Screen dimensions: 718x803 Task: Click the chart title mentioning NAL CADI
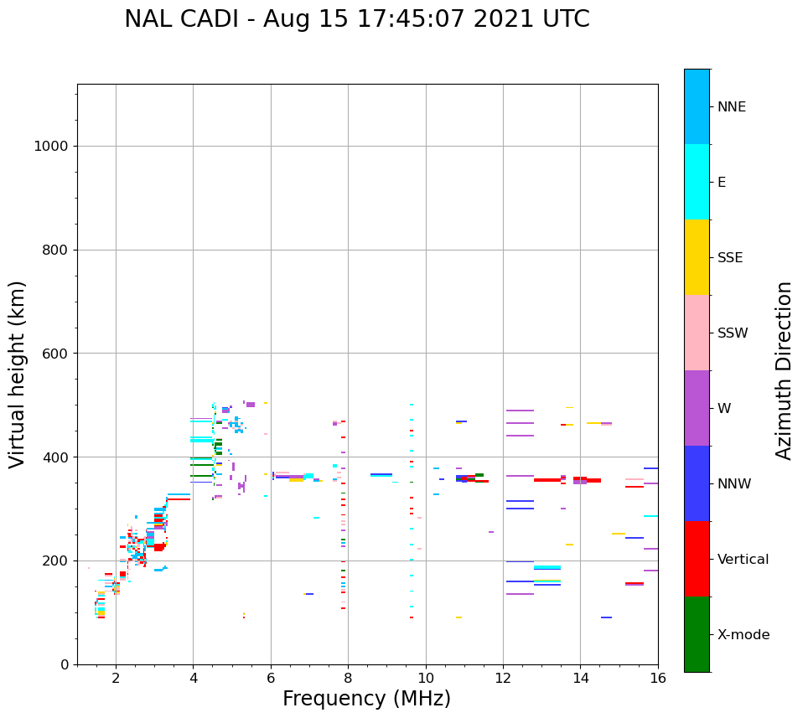[357, 19]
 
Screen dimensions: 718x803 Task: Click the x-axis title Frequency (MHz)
[366, 699]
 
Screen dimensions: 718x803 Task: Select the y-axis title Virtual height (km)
[18, 374]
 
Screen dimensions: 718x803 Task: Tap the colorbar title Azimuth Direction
[784, 370]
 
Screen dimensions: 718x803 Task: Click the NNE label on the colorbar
[731, 107]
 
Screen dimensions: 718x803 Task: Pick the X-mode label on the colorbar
[743, 635]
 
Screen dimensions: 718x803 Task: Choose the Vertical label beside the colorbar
[743, 560]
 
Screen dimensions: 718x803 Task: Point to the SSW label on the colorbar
[733, 333]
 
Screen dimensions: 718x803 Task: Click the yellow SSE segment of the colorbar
[697, 257]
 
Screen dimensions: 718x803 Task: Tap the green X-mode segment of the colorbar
[697, 634]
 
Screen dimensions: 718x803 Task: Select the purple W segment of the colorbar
[697, 408]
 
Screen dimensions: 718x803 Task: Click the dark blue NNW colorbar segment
[697, 483]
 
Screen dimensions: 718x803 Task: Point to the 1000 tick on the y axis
[50, 147]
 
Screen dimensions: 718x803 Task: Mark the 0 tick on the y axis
[64, 664]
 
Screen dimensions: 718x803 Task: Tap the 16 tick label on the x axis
[658, 678]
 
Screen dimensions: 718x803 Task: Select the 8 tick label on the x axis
[348, 678]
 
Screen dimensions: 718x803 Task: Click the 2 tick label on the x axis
[116, 678]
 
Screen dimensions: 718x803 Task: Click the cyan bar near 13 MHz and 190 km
[547, 567]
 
